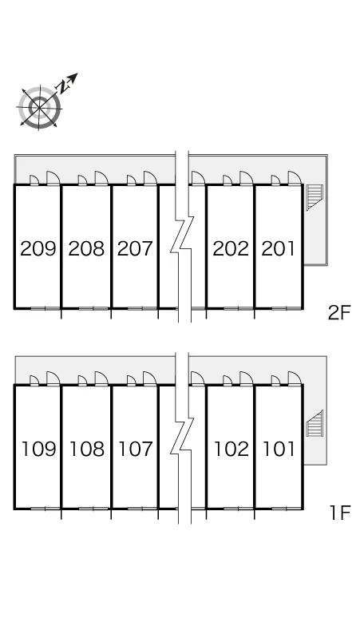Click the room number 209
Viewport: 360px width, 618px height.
click(x=38, y=248)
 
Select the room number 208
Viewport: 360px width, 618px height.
click(x=87, y=248)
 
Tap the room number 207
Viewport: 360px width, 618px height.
click(x=135, y=248)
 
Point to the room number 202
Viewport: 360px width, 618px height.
click(x=231, y=248)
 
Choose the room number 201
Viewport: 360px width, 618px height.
click(x=278, y=248)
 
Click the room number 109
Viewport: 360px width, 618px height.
click(x=38, y=449)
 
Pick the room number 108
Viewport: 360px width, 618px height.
click(x=87, y=449)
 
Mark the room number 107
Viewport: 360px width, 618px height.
click(x=135, y=449)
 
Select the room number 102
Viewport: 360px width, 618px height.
click(x=231, y=449)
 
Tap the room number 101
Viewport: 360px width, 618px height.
click(x=279, y=449)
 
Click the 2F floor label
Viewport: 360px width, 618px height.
click(x=339, y=313)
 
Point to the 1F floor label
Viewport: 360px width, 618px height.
click(x=340, y=513)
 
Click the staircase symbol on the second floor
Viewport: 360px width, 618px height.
click(x=315, y=196)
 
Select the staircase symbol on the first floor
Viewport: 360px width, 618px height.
click(x=315, y=423)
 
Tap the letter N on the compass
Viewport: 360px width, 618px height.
click(x=62, y=87)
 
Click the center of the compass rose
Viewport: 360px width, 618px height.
click(x=39, y=107)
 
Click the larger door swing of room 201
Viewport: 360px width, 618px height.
click(x=295, y=177)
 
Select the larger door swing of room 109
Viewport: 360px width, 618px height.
click(x=53, y=377)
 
